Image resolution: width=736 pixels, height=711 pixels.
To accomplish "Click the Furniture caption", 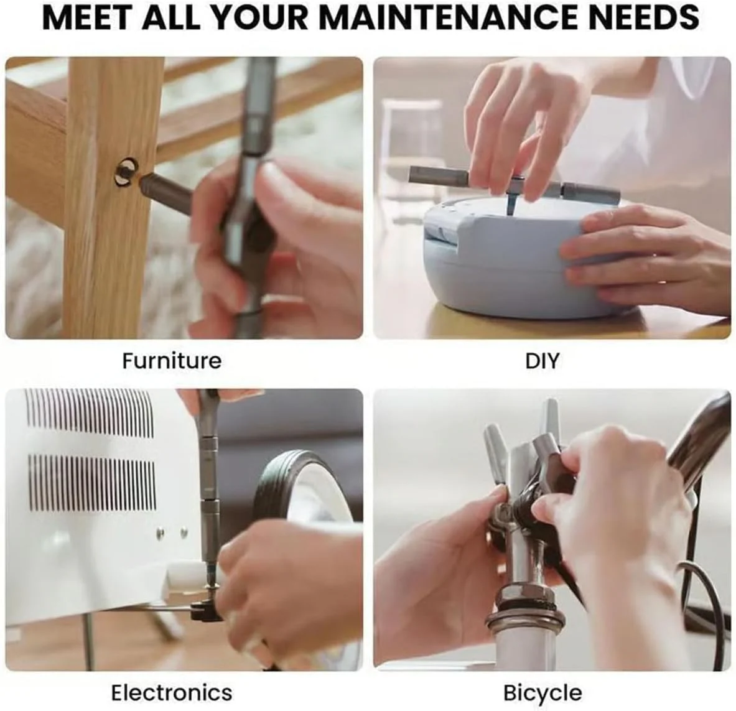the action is pyautogui.click(x=172, y=361).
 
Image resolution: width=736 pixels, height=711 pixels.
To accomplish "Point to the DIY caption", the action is pyautogui.click(x=542, y=361).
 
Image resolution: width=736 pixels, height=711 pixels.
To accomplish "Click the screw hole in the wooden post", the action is pyautogui.click(x=126, y=172).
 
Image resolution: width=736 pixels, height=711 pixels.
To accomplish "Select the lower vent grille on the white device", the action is pyautogui.click(x=92, y=482).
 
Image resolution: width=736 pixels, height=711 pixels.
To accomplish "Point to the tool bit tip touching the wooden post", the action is pyautogui.click(x=141, y=179).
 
